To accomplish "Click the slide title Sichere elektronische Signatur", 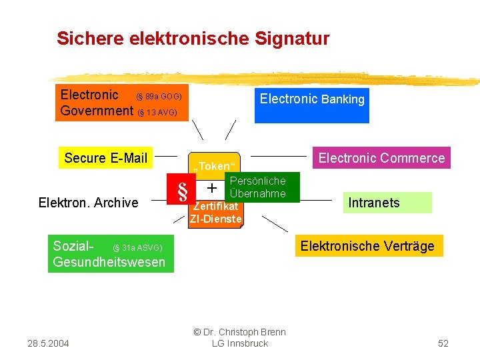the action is click(x=193, y=39).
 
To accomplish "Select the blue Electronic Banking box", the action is click(x=311, y=105).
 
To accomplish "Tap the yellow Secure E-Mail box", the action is click(x=105, y=158).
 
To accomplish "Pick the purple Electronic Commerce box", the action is click(x=381, y=158).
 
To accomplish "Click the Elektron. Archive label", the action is click(x=88, y=203).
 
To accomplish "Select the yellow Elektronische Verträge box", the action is click(x=367, y=246).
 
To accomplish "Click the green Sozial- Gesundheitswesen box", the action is click(x=111, y=254).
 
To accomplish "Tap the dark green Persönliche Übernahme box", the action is click(x=257, y=187).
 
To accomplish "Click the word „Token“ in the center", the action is click(x=213, y=166).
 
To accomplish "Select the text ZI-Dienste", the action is click(x=215, y=219).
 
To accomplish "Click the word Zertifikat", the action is click(x=215, y=207).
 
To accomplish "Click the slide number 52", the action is click(x=443, y=343).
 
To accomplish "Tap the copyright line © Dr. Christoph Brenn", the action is click(x=239, y=332).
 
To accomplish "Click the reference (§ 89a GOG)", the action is click(x=159, y=97).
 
